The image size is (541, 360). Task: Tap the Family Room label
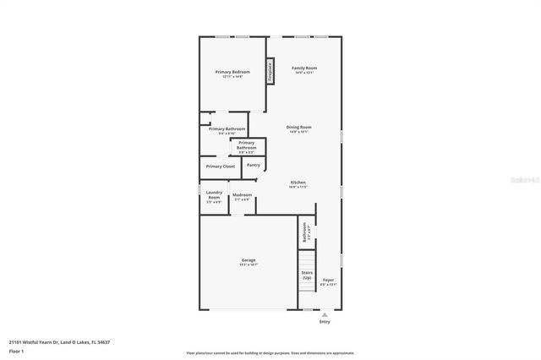coord(304,69)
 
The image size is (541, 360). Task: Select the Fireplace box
coord(270,72)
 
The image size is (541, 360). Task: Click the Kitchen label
coord(298,184)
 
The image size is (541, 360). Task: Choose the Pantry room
coord(253,166)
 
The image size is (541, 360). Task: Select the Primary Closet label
coord(221,166)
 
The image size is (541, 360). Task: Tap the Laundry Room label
coord(214,196)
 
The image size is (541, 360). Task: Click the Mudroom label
coord(242,196)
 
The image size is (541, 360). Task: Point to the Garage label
coord(249,262)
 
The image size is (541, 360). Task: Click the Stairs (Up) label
coord(307,275)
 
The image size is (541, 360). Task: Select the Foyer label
coord(328,281)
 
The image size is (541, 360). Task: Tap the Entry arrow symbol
coord(325,314)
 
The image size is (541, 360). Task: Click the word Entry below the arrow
coord(325,322)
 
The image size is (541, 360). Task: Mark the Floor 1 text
coord(16,350)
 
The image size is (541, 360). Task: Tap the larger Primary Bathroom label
coord(227,130)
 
